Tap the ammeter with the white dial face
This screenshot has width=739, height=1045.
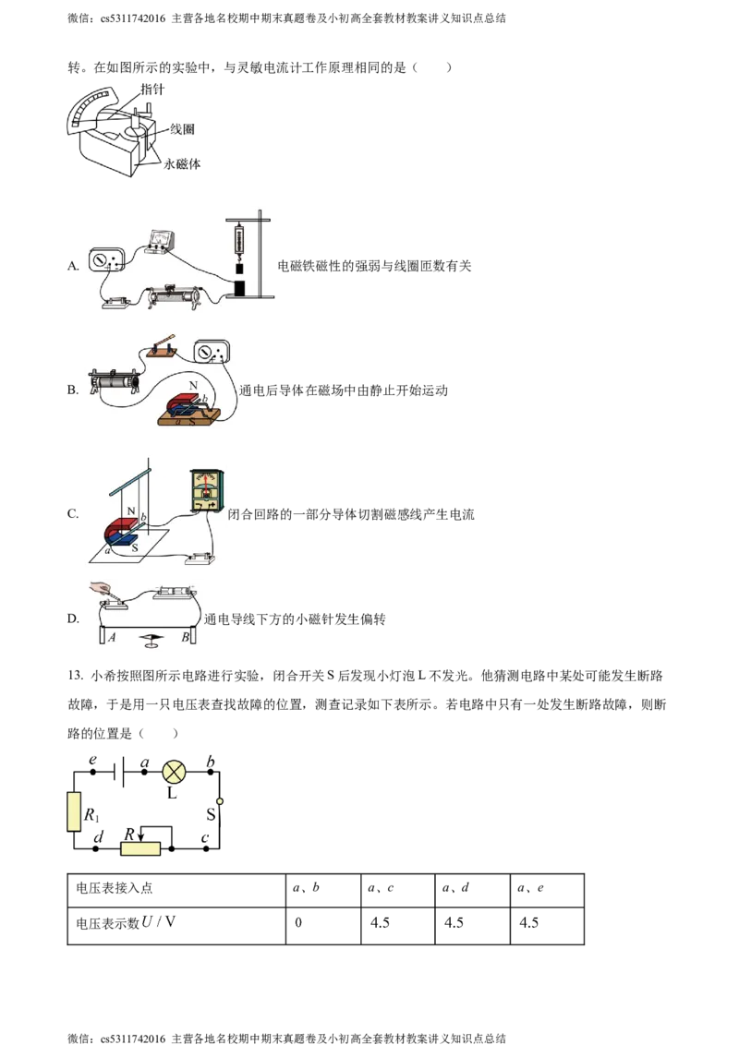(103, 259)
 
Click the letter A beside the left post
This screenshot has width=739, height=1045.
(111, 638)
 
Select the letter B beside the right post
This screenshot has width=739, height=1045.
(186, 638)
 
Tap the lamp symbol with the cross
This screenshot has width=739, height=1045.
(174, 773)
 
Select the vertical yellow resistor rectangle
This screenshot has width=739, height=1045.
(74, 811)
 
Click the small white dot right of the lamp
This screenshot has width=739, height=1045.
(220, 801)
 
